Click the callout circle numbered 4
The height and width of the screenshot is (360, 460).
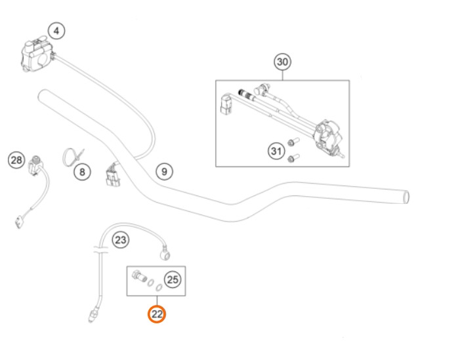coord(56,30)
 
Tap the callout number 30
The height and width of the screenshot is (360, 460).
coord(283,62)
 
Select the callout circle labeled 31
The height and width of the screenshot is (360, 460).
coord(276,151)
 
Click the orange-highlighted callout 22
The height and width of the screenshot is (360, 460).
coord(157,314)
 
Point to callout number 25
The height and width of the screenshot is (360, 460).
coord(173,279)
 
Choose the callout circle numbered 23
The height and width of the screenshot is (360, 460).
coord(121,240)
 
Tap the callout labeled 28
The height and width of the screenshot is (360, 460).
coord(16,160)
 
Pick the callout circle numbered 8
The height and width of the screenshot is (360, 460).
coord(82,172)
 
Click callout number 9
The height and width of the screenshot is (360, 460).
coord(164,172)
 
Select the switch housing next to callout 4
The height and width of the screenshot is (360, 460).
coord(36,54)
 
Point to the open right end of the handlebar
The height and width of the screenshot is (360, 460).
coord(406,197)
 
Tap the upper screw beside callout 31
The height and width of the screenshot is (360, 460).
coord(293,142)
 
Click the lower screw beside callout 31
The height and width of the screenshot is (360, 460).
coord(293,158)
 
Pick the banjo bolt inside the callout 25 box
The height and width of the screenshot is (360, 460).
coord(140,276)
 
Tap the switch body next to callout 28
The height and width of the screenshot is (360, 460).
coord(36,166)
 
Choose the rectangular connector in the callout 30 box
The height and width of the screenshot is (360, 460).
coord(226,104)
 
